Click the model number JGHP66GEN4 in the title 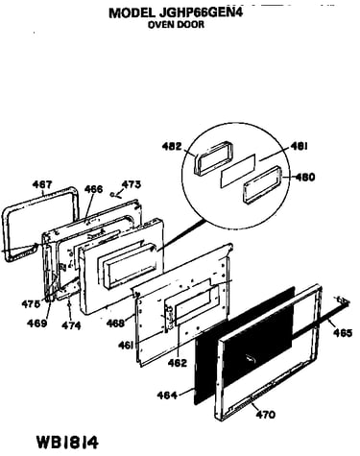coord(200,12)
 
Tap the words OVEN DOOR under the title coord(176,25)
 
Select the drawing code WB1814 coord(67,443)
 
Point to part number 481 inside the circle coord(300,147)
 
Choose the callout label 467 coord(42,184)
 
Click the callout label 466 coord(94,189)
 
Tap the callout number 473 coord(132,184)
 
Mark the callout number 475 coord(31,303)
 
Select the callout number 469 coord(36,323)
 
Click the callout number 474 coord(71,325)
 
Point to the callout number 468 coord(115,323)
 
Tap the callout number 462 coord(177,363)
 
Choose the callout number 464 coord(167,396)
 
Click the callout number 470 coord(266,415)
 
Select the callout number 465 coord(343,333)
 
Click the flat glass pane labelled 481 coord(238,171)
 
